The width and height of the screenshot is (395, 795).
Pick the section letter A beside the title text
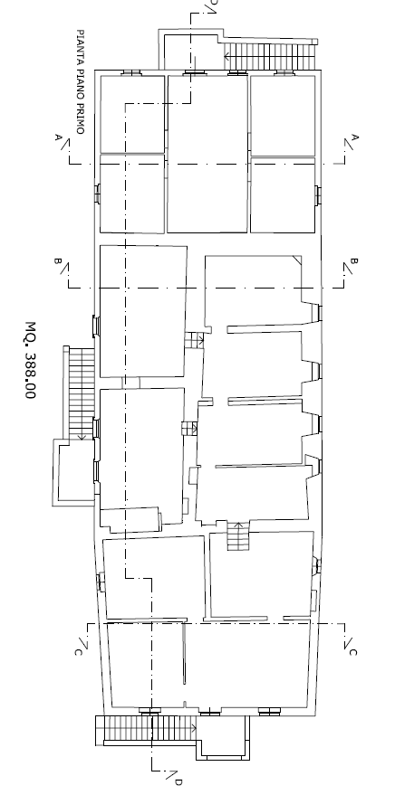[x=58, y=137]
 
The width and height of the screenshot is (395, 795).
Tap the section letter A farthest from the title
[x=355, y=137]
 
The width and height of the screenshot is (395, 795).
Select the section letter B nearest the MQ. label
[x=58, y=261]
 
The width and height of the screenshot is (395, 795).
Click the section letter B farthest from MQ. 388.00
[x=354, y=261]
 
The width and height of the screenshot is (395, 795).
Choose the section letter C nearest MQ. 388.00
[x=78, y=652]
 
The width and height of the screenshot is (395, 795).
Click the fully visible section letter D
[x=178, y=782]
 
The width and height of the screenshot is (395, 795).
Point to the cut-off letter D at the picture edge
[x=214, y=2]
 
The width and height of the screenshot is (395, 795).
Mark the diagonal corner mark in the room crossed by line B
[x=296, y=260]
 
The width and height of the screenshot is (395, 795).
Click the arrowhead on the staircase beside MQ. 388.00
[x=81, y=436]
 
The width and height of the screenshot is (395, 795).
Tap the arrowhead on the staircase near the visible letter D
[x=194, y=728]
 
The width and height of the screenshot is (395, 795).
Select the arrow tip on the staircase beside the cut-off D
[x=226, y=56]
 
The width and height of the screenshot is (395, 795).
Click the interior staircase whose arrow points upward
[x=237, y=536]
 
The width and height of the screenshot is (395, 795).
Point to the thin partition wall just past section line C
[x=184, y=654]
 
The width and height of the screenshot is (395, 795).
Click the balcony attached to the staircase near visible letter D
[x=224, y=738]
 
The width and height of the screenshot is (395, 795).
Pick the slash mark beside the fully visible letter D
[x=171, y=775]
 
